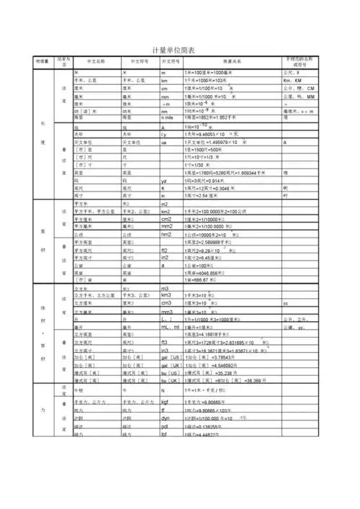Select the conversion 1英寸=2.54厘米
point(208,196)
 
